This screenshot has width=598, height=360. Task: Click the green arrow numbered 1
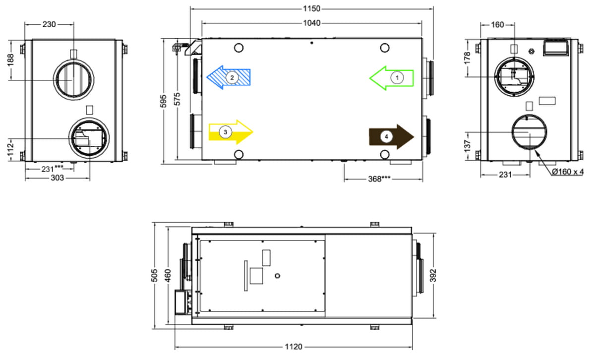391,78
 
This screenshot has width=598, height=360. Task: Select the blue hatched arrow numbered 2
229,77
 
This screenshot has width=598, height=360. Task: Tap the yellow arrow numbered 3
231,132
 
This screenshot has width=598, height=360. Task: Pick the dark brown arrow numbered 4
391,137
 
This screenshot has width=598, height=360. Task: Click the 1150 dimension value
311,9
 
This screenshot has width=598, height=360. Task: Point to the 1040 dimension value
311,23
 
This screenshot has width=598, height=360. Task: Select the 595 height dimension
163,101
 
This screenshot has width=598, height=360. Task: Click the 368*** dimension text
379,179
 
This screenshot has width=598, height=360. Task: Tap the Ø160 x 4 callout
568,172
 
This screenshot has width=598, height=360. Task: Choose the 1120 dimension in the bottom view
294,347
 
